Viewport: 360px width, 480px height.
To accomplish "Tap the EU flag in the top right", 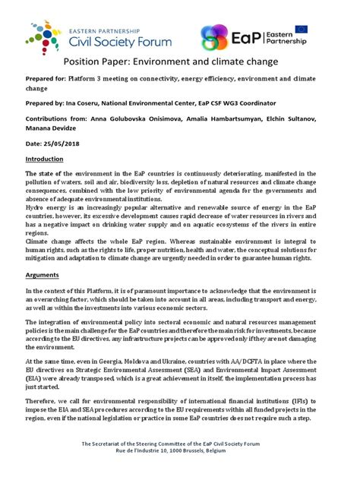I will pyautogui.click(x=302, y=30).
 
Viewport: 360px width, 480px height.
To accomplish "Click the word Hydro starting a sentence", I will pyautogui.click(x=35, y=207).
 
